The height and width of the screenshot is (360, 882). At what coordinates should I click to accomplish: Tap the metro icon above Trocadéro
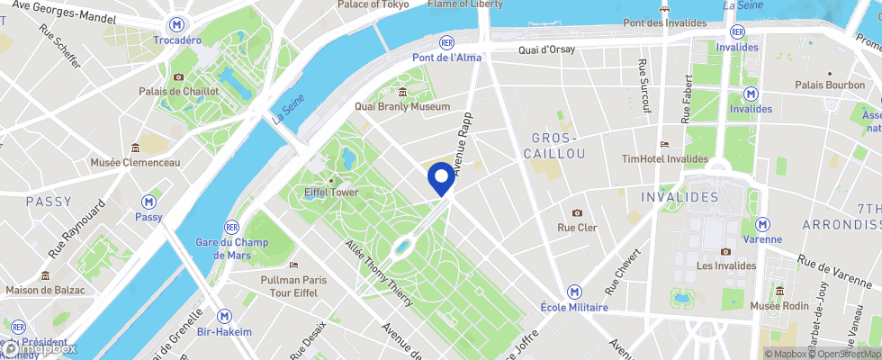[177, 26]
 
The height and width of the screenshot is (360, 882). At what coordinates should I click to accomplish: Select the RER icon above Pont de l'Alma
[446, 42]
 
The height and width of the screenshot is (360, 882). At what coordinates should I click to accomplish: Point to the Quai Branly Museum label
[402, 106]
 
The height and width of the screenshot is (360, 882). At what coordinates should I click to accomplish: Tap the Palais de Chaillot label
[179, 91]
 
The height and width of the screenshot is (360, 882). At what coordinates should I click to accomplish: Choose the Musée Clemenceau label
[135, 162]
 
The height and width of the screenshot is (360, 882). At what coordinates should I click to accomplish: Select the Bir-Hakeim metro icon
[226, 316]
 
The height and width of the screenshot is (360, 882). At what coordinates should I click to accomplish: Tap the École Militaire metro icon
[574, 292]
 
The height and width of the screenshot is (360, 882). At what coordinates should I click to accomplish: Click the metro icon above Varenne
[763, 223]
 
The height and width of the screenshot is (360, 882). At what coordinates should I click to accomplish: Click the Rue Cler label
[577, 228]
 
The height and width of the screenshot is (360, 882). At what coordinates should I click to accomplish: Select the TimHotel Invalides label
[665, 158]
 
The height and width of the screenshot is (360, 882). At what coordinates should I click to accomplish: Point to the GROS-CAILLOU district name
[558, 146]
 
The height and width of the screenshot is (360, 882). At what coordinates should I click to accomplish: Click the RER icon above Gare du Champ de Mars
[231, 226]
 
